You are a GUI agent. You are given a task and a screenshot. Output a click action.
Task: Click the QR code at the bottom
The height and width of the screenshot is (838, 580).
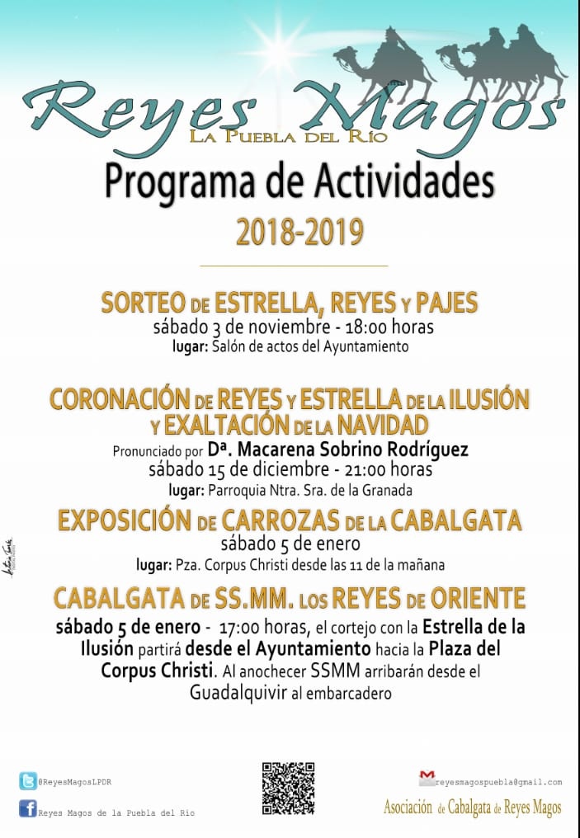point(288,788)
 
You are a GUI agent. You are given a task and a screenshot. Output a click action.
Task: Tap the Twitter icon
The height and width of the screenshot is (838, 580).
point(27,780)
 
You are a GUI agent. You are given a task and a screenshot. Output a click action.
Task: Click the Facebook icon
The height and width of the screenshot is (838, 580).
point(27,809)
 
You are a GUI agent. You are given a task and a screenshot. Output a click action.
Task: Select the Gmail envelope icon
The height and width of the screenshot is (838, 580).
point(427,777)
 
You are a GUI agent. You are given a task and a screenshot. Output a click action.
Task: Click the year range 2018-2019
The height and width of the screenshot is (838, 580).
point(299,232)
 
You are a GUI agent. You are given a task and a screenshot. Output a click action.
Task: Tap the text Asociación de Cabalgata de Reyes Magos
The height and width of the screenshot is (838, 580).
point(472,808)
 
